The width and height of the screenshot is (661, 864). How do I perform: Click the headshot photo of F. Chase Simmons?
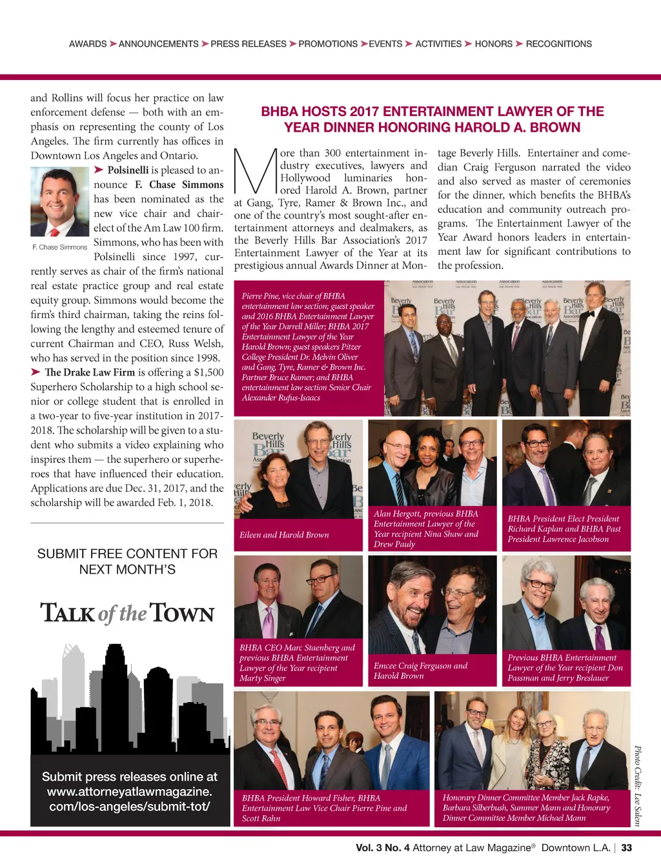pyautogui.click(x=60, y=201)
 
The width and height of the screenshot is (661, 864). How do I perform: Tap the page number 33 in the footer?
pyautogui.click(x=626, y=848)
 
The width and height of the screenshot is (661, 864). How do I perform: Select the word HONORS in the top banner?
pyautogui.click(x=493, y=44)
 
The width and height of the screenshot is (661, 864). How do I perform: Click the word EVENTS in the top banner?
pyautogui.click(x=385, y=44)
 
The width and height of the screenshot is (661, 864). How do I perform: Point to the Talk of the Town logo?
pyautogui.click(x=127, y=613)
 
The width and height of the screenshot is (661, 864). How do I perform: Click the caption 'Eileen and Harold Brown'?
pyautogui.click(x=284, y=535)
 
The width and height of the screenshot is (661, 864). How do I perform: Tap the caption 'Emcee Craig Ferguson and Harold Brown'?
pyautogui.click(x=420, y=670)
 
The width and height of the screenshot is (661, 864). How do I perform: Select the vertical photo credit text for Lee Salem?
pyautogui.click(x=637, y=785)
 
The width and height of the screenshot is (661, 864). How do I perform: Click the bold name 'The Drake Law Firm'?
pyautogui.click(x=90, y=372)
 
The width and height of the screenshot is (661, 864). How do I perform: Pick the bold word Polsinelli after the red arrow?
pyautogui.click(x=128, y=170)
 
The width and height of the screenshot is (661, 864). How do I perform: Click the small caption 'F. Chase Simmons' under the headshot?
pyautogui.click(x=60, y=247)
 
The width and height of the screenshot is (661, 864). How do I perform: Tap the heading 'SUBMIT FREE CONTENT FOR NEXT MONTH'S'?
pyautogui.click(x=127, y=561)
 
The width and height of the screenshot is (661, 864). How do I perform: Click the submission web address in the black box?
pyautogui.click(x=129, y=799)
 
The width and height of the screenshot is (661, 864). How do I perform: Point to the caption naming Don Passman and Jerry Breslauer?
pyautogui.click(x=565, y=668)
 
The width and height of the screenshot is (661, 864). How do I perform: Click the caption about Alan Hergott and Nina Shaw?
pyautogui.click(x=426, y=528)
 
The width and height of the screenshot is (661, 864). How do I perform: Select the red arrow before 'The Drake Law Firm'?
pyautogui.click(x=36, y=372)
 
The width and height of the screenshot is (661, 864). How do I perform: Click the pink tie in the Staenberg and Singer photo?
pyautogui.click(x=268, y=621)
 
